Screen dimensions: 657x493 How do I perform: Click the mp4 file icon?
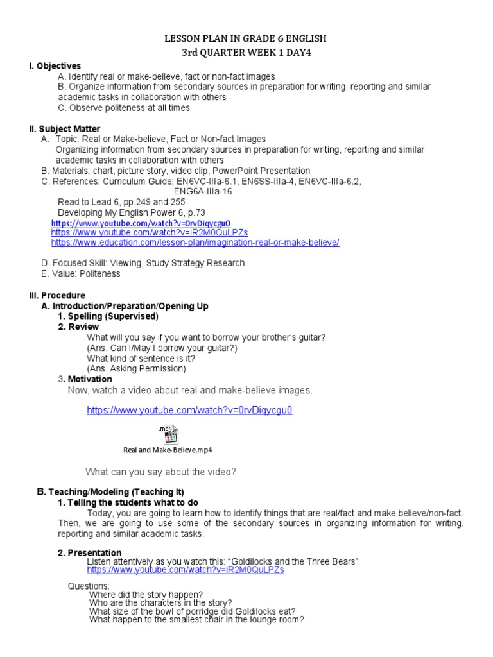pyautogui.click(x=168, y=434)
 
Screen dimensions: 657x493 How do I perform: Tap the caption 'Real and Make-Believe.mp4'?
pyautogui.click(x=168, y=450)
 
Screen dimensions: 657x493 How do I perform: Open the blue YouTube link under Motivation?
pyautogui.click(x=189, y=410)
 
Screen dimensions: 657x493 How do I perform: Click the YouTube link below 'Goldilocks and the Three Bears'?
pyautogui.click(x=186, y=569)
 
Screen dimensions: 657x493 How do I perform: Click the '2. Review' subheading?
pyautogui.click(x=78, y=327)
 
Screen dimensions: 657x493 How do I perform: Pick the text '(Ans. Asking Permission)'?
pyautogui.click(x=136, y=368)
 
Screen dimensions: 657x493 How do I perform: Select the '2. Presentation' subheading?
pyautogui.click(x=89, y=553)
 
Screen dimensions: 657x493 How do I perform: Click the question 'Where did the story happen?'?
pyautogui.click(x=146, y=594)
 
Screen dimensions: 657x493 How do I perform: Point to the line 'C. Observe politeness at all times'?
pyautogui.click(x=123, y=108)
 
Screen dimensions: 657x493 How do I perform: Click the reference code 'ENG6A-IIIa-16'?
pyautogui.click(x=203, y=191)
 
